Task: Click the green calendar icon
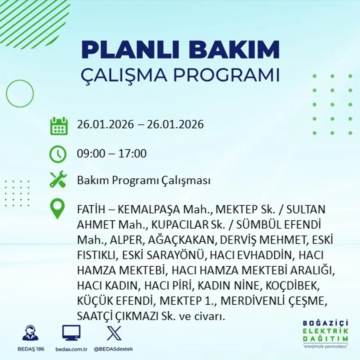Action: click(x=59, y=126)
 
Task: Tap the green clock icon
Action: click(x=58, y=154)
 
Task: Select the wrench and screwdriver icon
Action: click(x=58, y=180)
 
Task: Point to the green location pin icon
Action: click(x=57, y=208)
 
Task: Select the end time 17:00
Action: click(x=132, y=154)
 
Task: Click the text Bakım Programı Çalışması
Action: click(x=144, y=180)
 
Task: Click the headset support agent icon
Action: click(x=30, y=333)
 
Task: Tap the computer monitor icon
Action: click(x=71, y=333)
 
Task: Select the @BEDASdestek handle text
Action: click(x=113, y=349)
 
